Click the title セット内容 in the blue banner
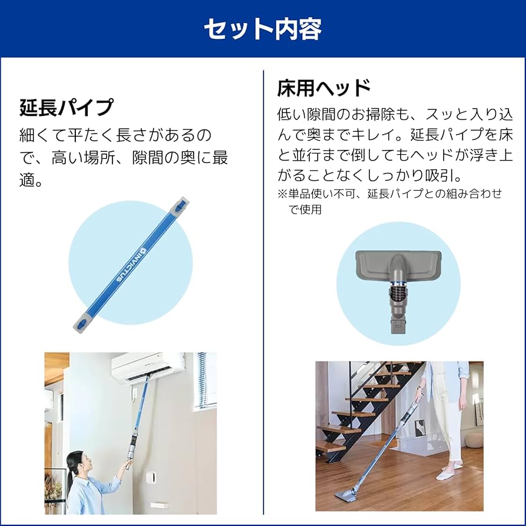click(262, 28)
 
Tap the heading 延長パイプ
click(66, 108)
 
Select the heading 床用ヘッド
click(324, 88)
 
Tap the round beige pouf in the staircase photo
click(474, 439)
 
